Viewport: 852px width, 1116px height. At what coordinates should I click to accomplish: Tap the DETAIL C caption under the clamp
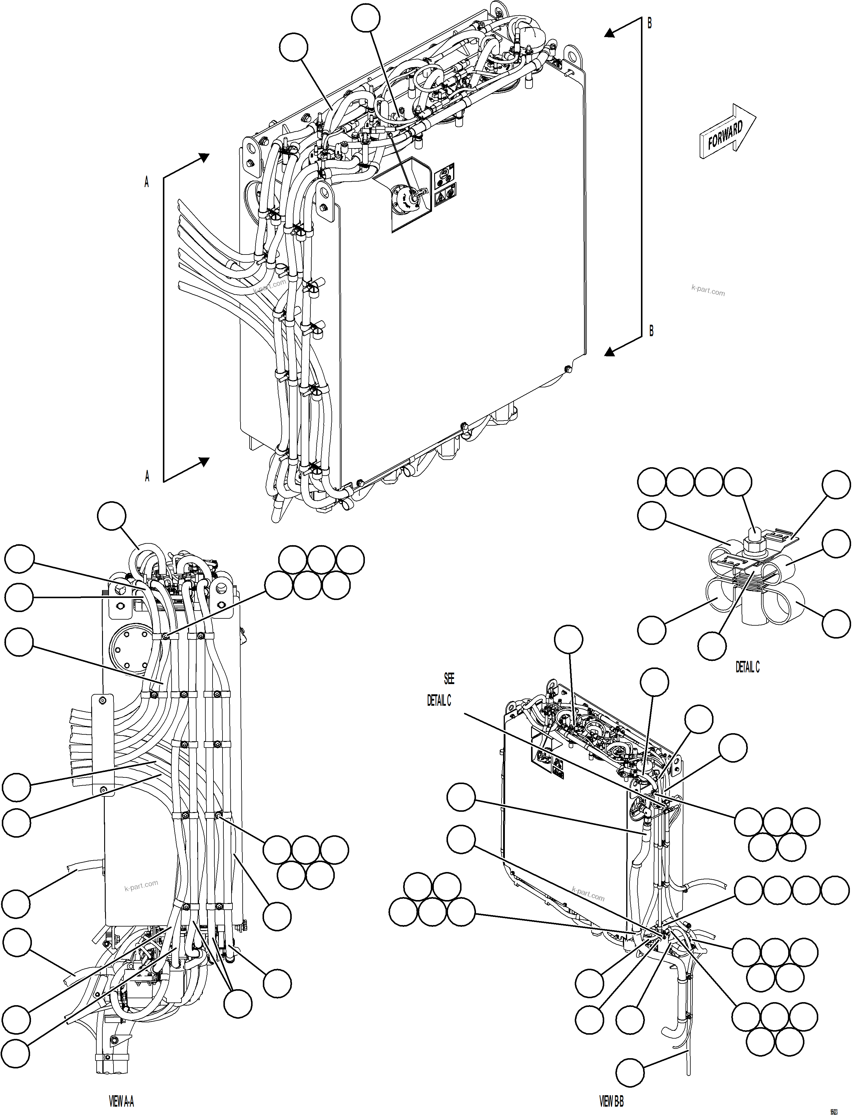(x=748, y=667)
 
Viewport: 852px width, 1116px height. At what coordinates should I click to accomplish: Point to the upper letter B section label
(x=650, y=23)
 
